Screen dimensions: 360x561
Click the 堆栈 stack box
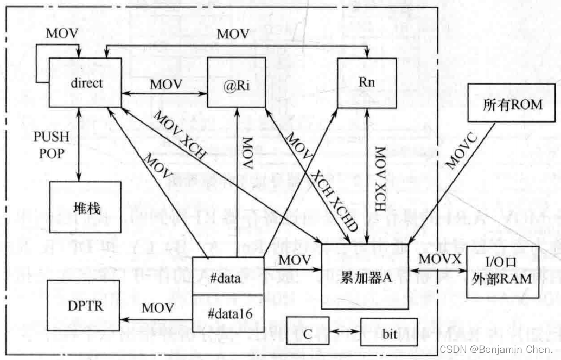(x=85, y=207)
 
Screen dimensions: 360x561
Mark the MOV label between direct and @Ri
(x=166, y=84)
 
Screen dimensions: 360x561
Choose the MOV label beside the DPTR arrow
(x=158, y=307)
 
